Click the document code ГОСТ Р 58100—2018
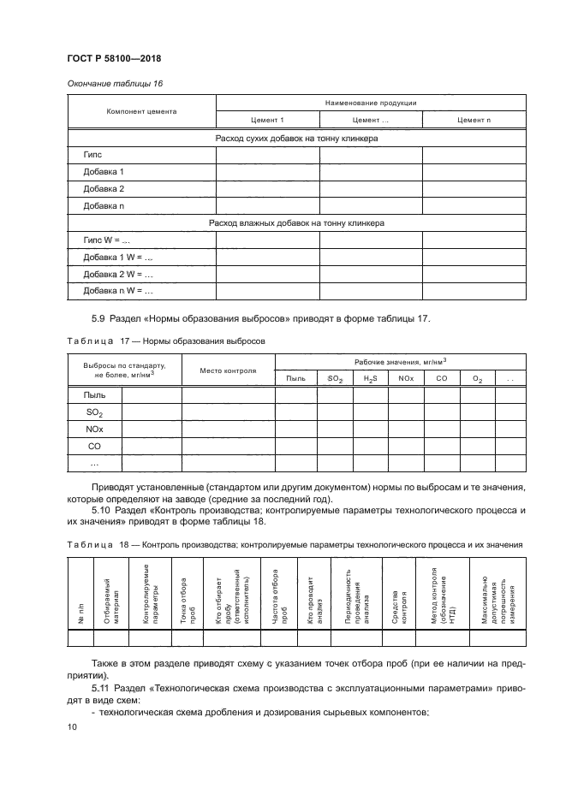coord(113,58)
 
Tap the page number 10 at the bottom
coord(71,726)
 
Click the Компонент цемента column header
coord(141,111)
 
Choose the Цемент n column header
coord(474,120)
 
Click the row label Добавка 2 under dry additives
coord(104,188)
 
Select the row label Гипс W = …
coord(105,240)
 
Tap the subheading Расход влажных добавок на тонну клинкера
coord(296,222)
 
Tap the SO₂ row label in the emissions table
coord(94,412)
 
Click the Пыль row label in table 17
coord(94,394)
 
